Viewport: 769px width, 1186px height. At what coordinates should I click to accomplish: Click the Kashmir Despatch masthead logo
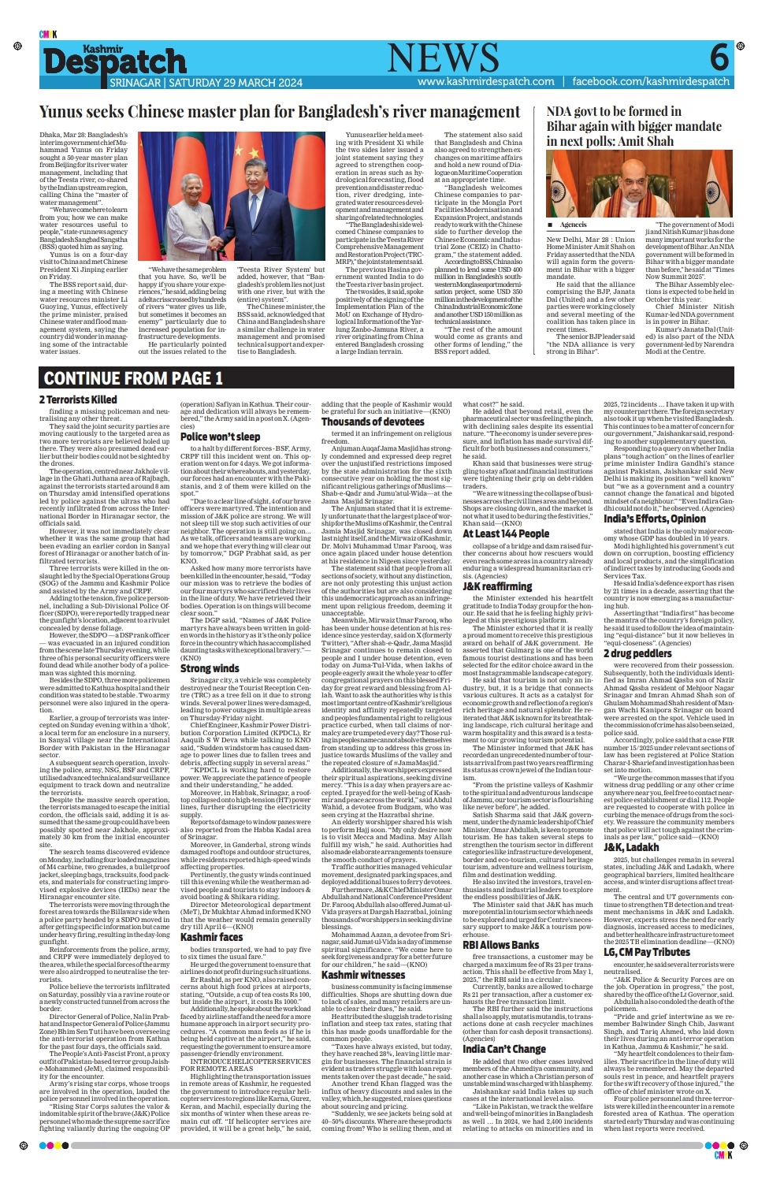pos(114,61)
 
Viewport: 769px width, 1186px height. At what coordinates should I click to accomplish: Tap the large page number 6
pos(719,58)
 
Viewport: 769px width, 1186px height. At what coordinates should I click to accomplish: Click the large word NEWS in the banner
pos(443,58)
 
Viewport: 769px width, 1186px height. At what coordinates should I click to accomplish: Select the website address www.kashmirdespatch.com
pos(485,82)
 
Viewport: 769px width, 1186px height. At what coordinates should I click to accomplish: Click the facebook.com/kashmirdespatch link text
pos(651,82)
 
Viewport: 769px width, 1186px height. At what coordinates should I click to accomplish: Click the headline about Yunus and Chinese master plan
pos(280,112)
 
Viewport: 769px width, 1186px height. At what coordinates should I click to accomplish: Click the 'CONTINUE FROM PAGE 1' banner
pos(133,379)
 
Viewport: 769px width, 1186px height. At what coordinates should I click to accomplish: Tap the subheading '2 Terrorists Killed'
pos(78,400)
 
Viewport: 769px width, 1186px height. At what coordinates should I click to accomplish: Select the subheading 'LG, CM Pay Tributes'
pos(647,953)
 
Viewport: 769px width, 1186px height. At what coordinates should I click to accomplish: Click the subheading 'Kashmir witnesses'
pos(363,975)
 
